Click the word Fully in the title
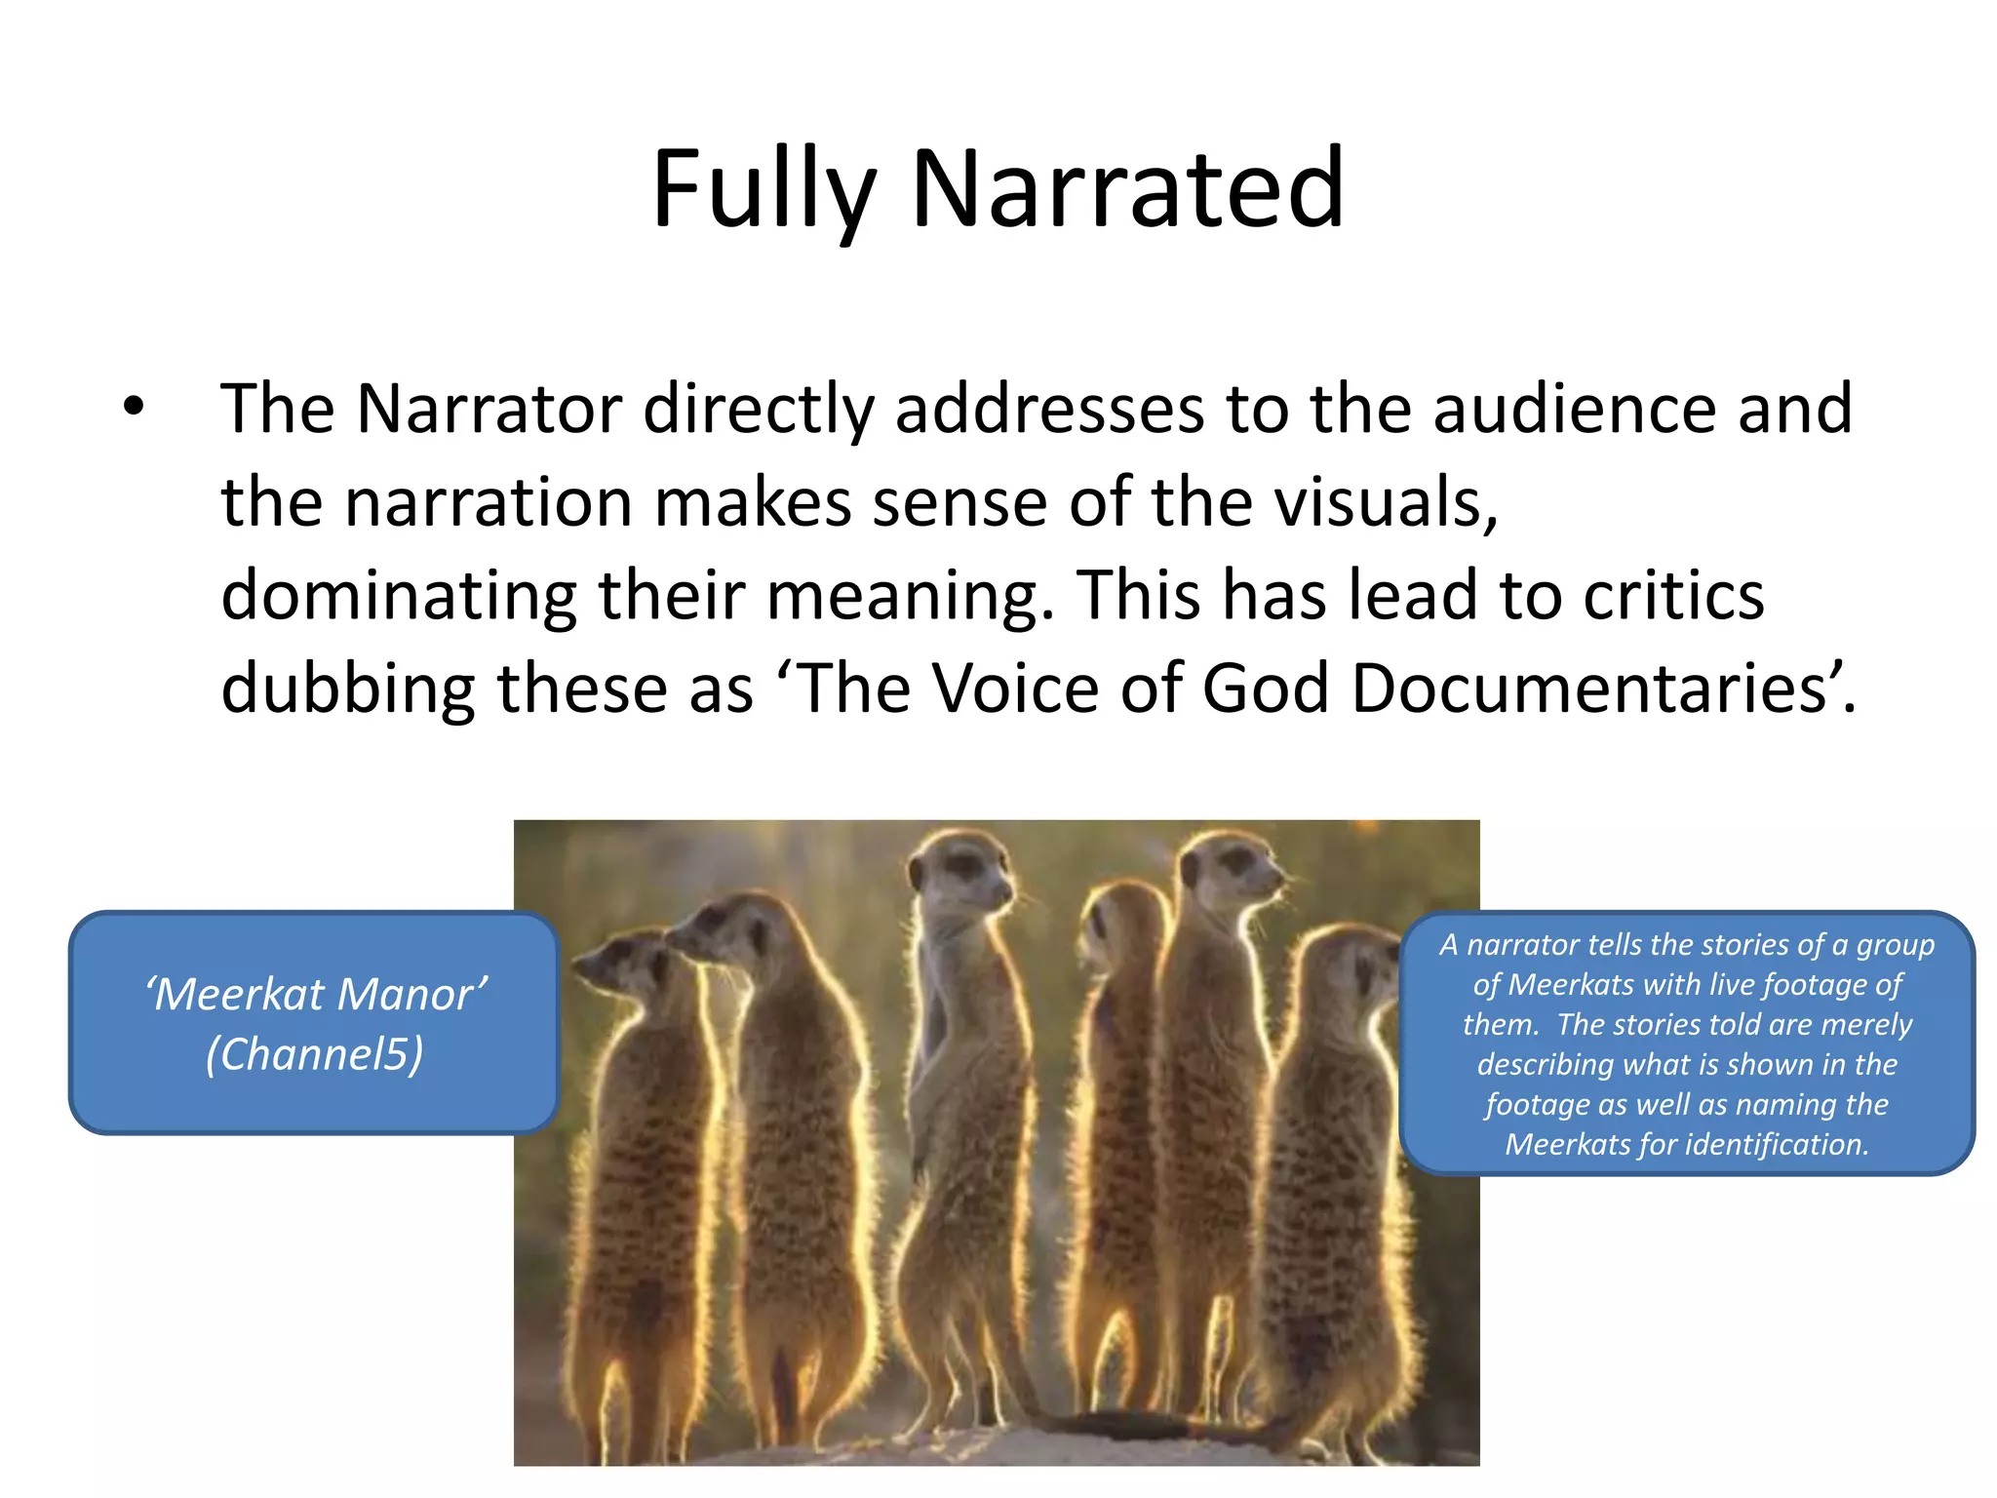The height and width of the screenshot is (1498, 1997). click(764, 190)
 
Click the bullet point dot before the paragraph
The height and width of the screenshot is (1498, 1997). click(134, 408)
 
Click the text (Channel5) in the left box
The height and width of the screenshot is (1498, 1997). click(315, 1054)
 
